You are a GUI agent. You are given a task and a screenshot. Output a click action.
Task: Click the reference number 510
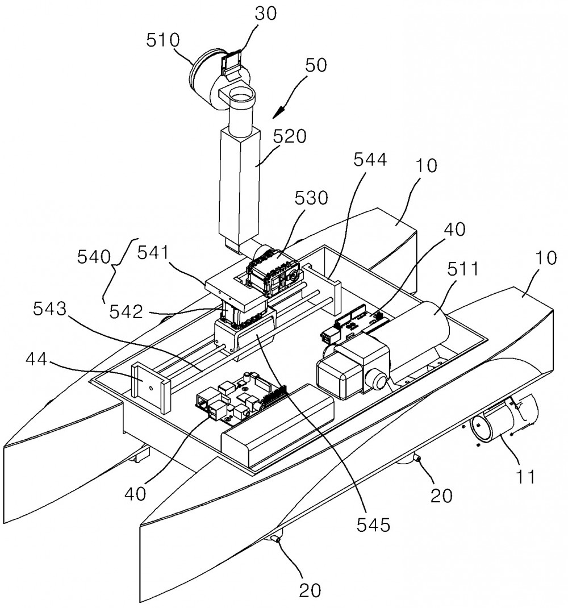coord(163,40)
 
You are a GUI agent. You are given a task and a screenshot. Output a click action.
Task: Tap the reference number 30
coord(266,13)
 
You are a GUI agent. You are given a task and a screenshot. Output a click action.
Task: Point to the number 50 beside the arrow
coord(316,65)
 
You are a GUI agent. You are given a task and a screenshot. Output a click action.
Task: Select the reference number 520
coord(290,136)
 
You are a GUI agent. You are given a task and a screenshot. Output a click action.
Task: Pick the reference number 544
coord(370,159)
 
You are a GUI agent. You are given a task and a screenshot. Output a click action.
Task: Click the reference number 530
coord(311,198)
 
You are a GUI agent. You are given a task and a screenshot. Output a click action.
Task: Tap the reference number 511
coord(463,269)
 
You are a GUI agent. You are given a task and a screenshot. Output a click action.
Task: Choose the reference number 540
coord(94,257)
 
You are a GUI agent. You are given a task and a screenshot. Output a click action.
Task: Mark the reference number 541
coord(153,253)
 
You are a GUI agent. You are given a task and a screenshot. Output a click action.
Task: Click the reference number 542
coord(126,312)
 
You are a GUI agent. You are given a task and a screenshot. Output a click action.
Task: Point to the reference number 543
coord(50,309)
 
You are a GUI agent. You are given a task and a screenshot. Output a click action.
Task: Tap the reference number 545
coord(373,526)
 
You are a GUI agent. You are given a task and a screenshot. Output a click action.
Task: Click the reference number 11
coord(525,477)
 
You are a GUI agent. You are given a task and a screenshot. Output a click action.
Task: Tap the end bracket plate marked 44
coord(151,386)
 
